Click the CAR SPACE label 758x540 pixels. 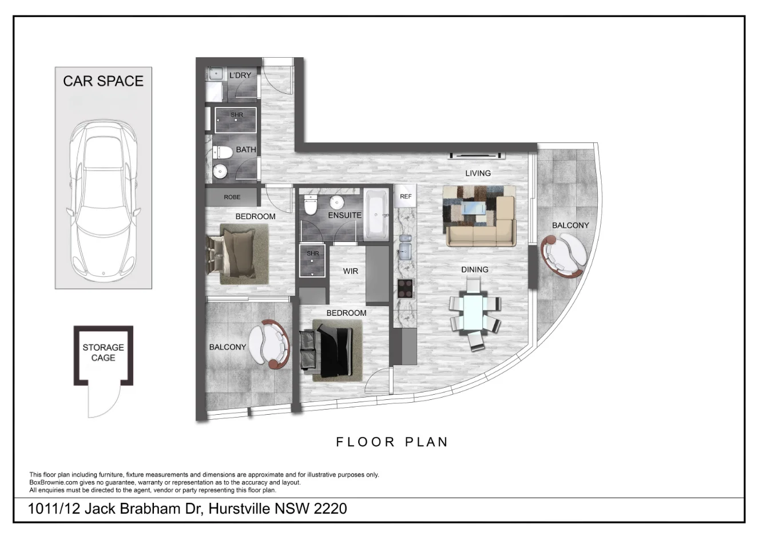103,81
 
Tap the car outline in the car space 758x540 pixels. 103,197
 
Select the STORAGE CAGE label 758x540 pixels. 103,352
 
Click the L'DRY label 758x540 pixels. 240,76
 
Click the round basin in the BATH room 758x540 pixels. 220,171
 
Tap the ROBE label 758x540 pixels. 232,197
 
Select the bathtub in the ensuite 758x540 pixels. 376,216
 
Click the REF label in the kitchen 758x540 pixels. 406,196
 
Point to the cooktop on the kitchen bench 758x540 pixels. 406,288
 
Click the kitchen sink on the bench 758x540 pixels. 405,251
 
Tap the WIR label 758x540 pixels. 351,271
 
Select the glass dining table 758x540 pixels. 475,313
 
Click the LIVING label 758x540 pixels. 477,173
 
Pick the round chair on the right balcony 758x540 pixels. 563,256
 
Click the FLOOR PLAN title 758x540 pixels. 391,442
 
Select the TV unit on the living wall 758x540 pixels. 477,154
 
